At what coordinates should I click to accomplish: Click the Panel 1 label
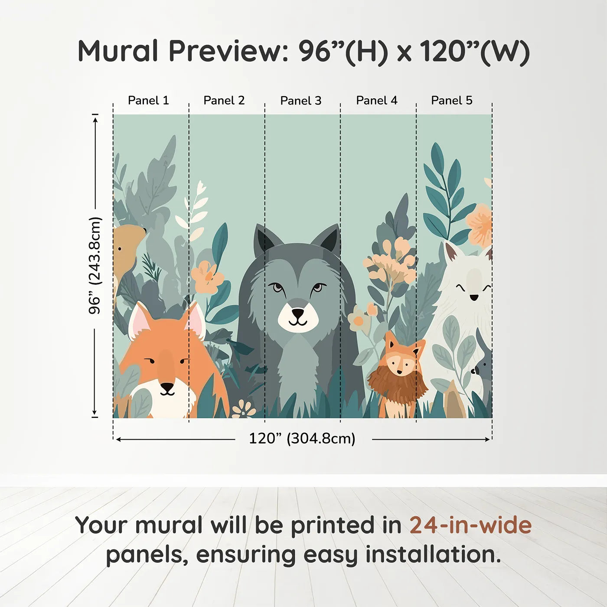[x=148, y=101]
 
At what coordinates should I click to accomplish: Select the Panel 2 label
[x=224, y=101]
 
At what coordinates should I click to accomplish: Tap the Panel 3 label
[x=301, y=101]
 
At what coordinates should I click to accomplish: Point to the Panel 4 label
[x=377, y=101]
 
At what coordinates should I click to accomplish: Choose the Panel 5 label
[x=452, y=101]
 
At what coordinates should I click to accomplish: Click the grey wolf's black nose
[x=298, y=313]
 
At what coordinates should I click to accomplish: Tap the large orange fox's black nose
[x=167, y=386]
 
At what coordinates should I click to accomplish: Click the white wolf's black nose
[x=474, y=297]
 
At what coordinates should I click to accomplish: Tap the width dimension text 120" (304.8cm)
[x=302, y=439]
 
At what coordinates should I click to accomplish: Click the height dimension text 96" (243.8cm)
[x=95, y=265]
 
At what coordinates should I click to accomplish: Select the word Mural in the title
[x=118, y=51]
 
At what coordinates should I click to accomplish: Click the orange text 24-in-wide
[x=470, y=525]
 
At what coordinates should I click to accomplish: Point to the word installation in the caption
[x=433, y=555]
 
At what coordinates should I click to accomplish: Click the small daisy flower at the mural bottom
[x=244, y=409]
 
